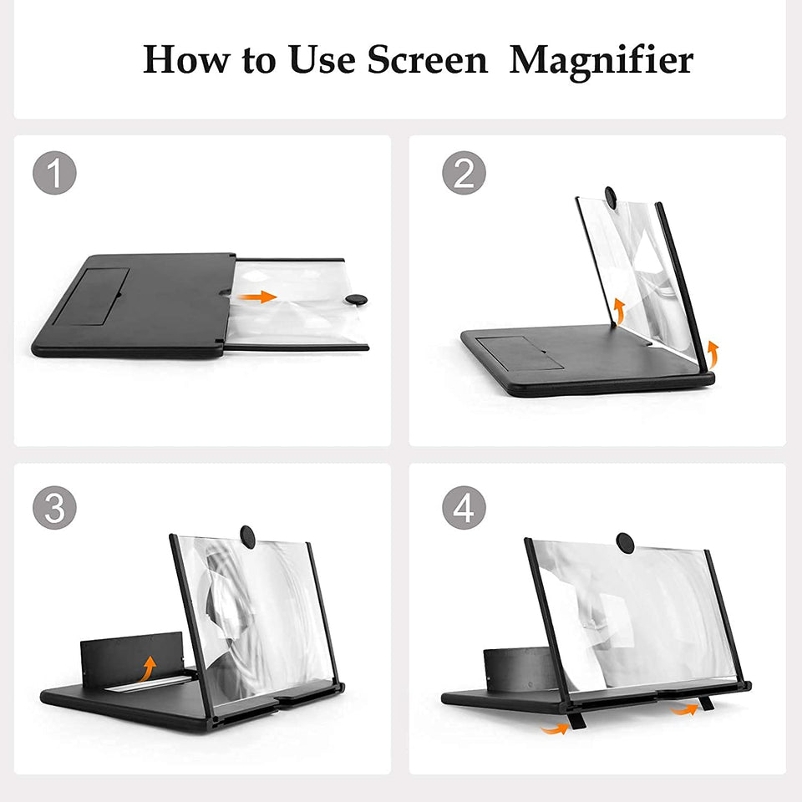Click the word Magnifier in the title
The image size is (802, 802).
[x=601, y=60]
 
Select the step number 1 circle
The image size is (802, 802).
[x=54, y=173]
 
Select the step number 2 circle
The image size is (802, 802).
[x=464, y=173]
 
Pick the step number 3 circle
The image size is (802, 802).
[x=54, y=506]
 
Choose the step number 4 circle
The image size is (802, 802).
[x=464, y=506]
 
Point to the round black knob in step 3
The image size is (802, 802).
[x=248, y=535]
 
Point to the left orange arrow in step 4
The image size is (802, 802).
[x=553, y=728]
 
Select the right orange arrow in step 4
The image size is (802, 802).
[x=688, y=710]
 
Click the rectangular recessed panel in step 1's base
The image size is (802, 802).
[x=93, y=297]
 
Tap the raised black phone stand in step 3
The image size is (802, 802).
[x=134, y=657]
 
